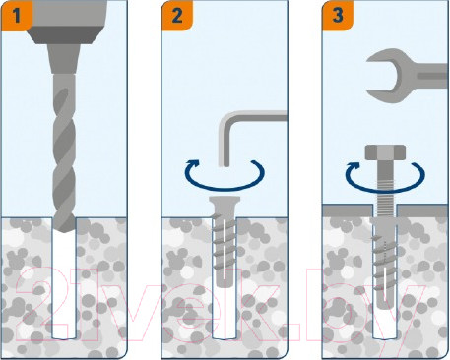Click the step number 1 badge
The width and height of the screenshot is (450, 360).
click(x=17, y=16)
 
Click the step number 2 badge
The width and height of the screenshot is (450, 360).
click(x=177, y=16)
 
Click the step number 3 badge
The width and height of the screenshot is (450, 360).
click(x=338, y=16)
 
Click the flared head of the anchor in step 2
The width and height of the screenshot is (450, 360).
click(x=225, y=205)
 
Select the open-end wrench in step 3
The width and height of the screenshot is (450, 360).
click(x=407, y=77)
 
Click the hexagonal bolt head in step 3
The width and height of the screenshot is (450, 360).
click(x=385, y=152)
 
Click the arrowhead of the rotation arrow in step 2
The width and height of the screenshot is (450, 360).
click(x=193, y=163)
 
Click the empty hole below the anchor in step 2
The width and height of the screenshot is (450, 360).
click(x=225, y=313)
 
